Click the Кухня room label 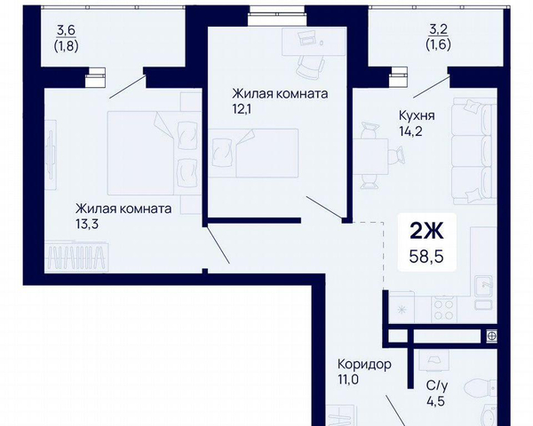tap(417, 116)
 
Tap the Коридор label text tap(364, 365)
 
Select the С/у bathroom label tap(437, 386)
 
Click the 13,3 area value tap(87, 224)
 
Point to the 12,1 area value tap(242, 109)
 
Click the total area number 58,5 tap(426, 256)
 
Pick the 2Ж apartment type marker tap(426, 231)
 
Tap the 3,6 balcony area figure tap(66, 30)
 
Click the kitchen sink tap(483, 286)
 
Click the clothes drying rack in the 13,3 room tap(76, 256)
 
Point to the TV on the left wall tap(51, 154)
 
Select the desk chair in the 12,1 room tap(310, 67)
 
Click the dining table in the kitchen tap(370, 156)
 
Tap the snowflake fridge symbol tap(402, 310)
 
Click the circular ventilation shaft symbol tap(491, 336)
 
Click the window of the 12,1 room tap(276, 14)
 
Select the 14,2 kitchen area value tap(410, 131)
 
